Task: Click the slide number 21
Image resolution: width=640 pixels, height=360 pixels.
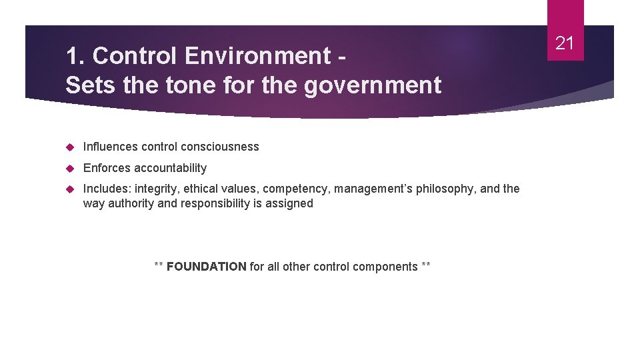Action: click(x=565, y=44)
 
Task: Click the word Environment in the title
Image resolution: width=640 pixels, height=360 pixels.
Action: click(x=258, y=56)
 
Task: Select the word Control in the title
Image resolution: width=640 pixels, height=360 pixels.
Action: click(x=137, y=56)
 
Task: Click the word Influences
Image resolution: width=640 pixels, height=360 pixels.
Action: click(x=110, y=147)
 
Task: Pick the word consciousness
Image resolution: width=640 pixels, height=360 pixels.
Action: click(x=225, y=147)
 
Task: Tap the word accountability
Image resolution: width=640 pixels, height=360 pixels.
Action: click(x=170, y=168)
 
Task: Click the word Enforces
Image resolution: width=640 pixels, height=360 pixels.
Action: click(x=107, y=168)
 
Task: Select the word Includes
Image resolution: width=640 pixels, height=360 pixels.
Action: click(x=106, y=189)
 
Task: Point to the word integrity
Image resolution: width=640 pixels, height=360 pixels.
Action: click(x=157, y=189)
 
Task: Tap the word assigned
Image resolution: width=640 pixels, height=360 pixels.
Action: click(x=288, y=204)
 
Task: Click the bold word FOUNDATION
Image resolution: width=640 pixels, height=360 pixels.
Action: click(x=207, y=267)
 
